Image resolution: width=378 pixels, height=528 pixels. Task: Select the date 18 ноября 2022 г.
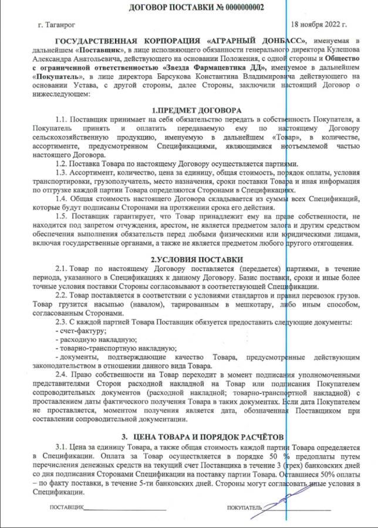(319, 25)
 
